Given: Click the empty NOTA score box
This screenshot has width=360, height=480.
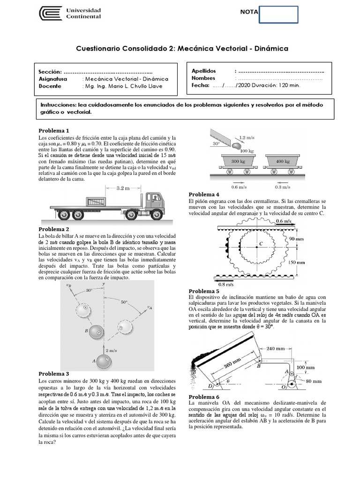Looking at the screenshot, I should (x=278, y=14).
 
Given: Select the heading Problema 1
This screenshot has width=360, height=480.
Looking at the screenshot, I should (x=54, y=130).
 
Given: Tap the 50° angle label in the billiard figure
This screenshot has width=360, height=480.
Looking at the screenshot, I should (x=124, y=302).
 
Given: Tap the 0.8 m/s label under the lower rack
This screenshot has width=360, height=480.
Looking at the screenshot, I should (x=226, y=284).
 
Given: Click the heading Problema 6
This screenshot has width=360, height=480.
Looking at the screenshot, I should (x=204, y=397).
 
